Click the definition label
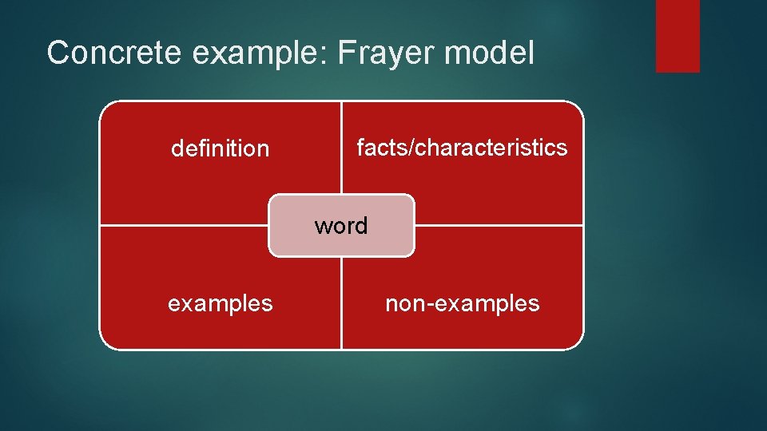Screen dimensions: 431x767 pos(221,148)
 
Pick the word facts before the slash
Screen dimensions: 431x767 pos(383,148)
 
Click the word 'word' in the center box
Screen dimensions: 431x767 pos(341,226)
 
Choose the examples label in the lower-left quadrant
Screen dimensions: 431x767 pos(220,303)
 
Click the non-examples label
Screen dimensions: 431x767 pos(463,303)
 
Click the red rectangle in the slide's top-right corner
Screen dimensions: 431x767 pos(678,36)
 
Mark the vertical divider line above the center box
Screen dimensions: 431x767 pos(341,148)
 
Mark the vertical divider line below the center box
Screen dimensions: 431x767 pos(341,303)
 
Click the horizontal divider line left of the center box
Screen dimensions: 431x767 pos(184,226)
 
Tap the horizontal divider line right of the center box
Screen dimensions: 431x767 pos(499,226)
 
